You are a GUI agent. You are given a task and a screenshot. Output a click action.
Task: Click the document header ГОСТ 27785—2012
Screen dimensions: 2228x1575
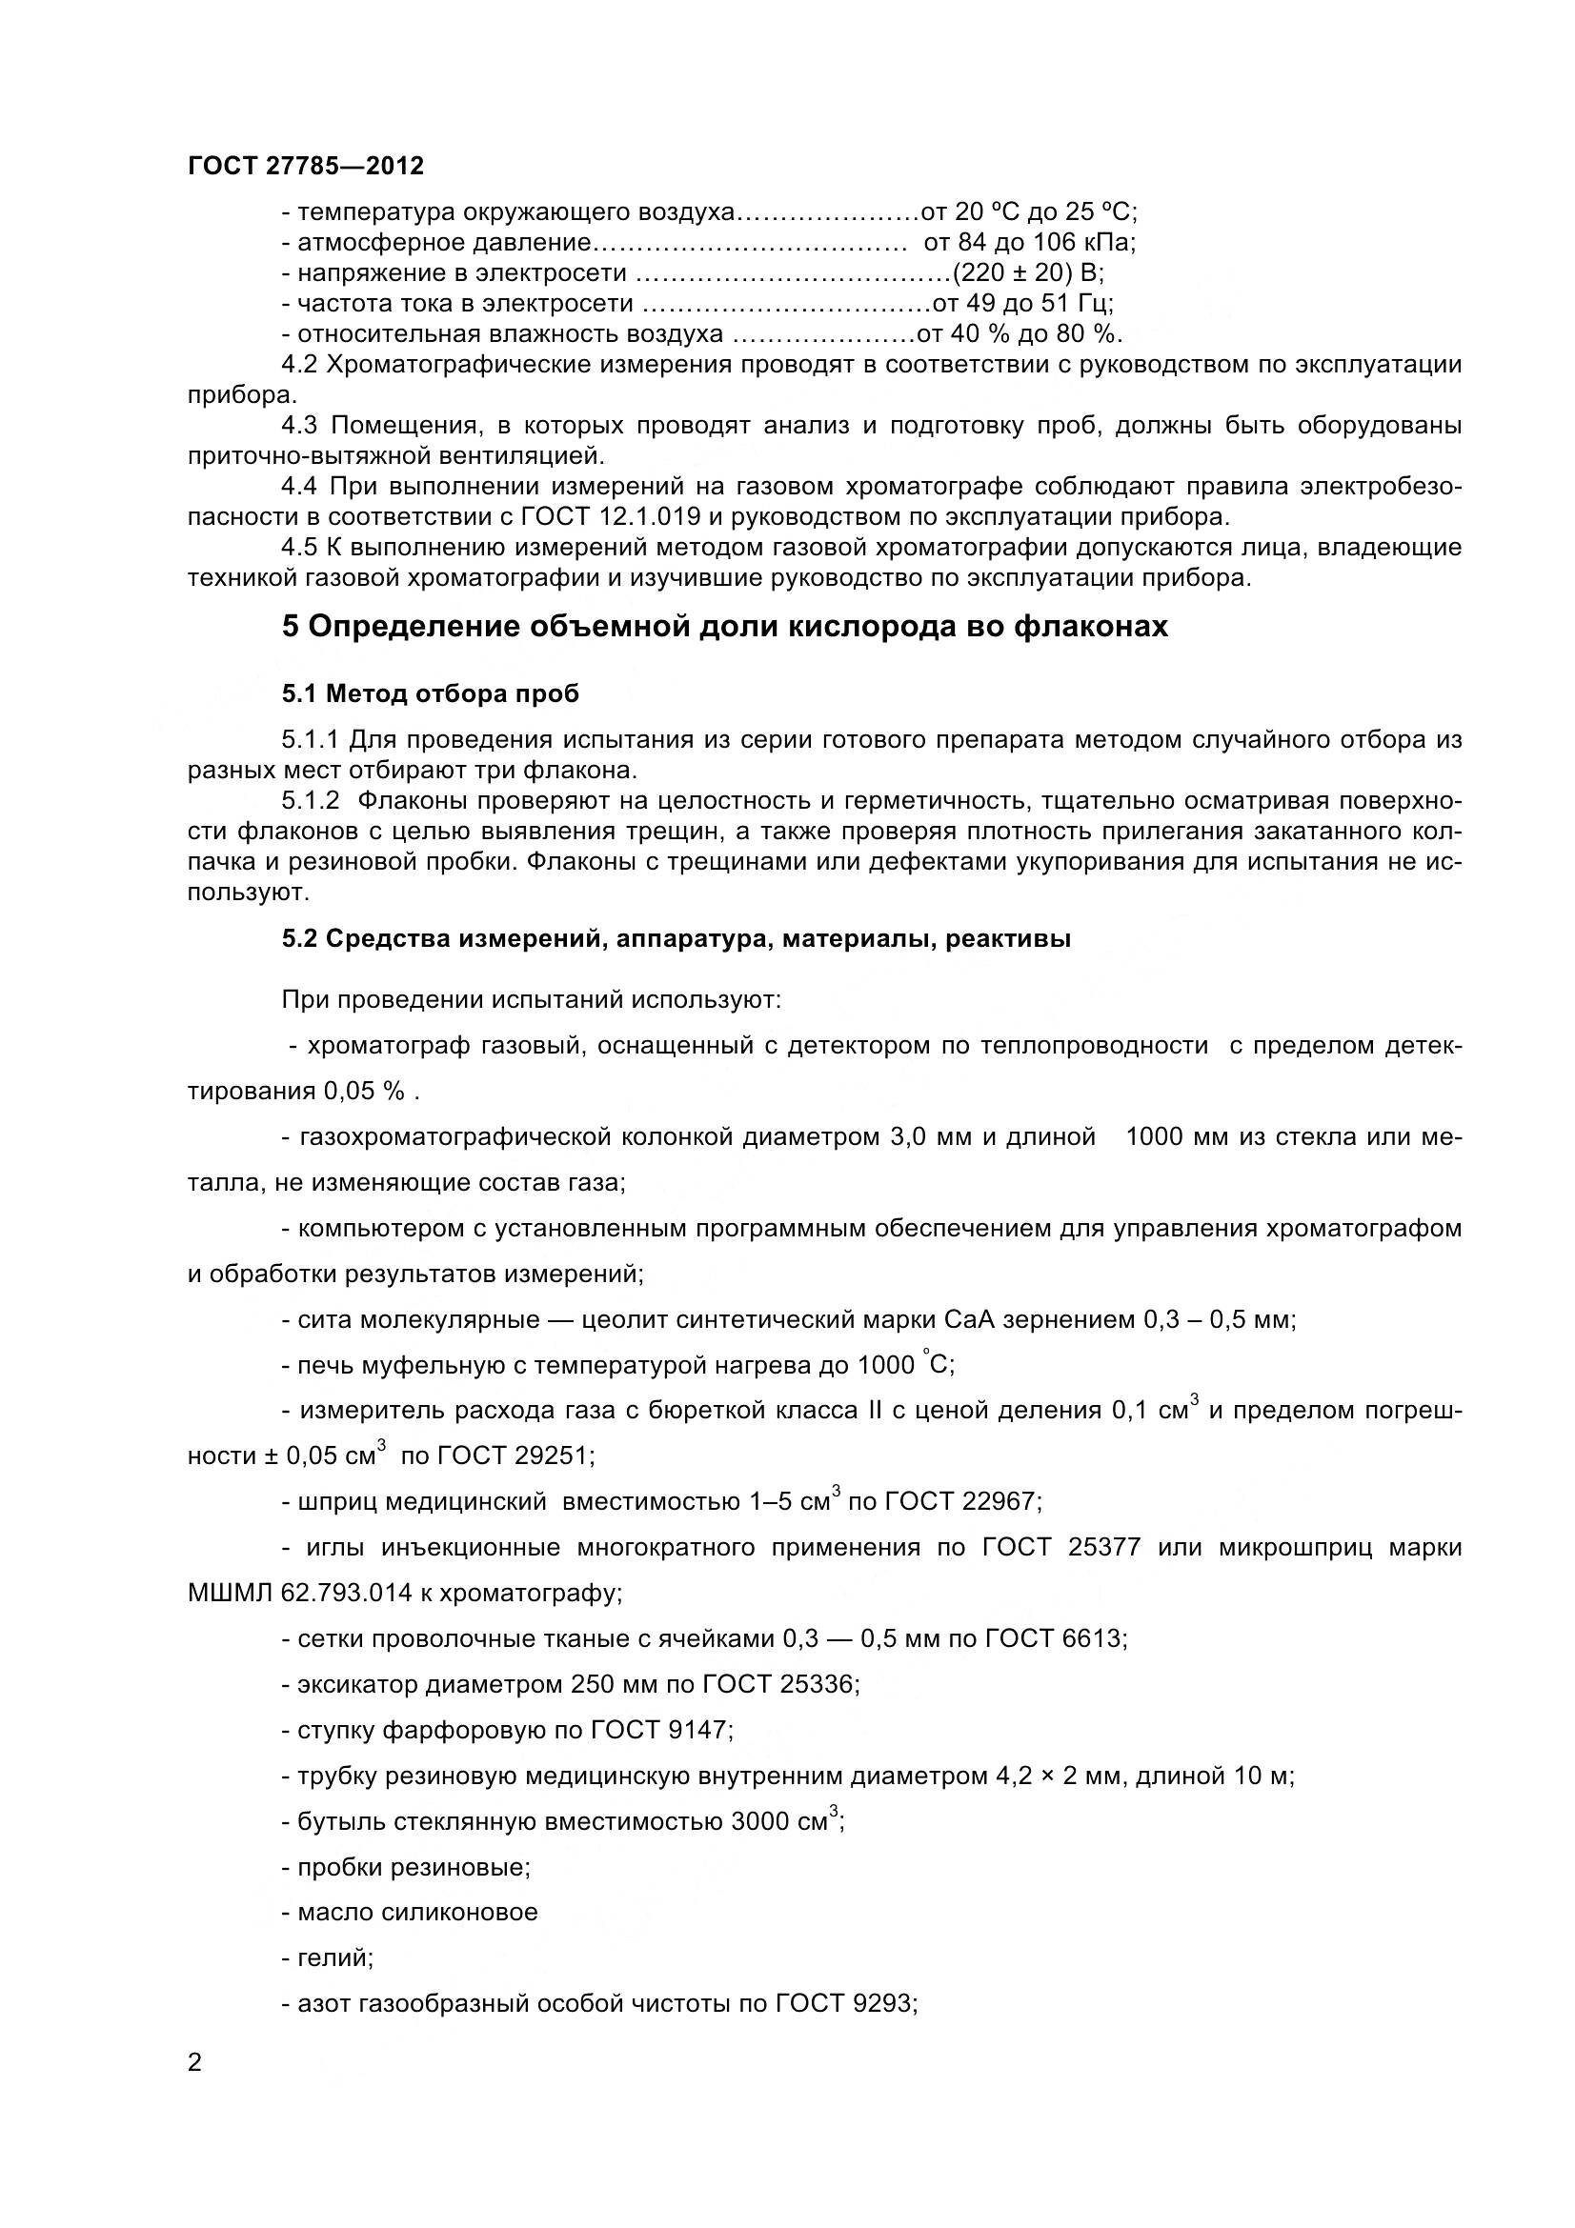tap(306, 166)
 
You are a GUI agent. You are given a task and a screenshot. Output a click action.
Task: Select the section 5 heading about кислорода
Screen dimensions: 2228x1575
tap(724, 627)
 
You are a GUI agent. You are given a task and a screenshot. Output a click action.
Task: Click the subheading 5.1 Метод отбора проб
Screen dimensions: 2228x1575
tap(430, 693)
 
